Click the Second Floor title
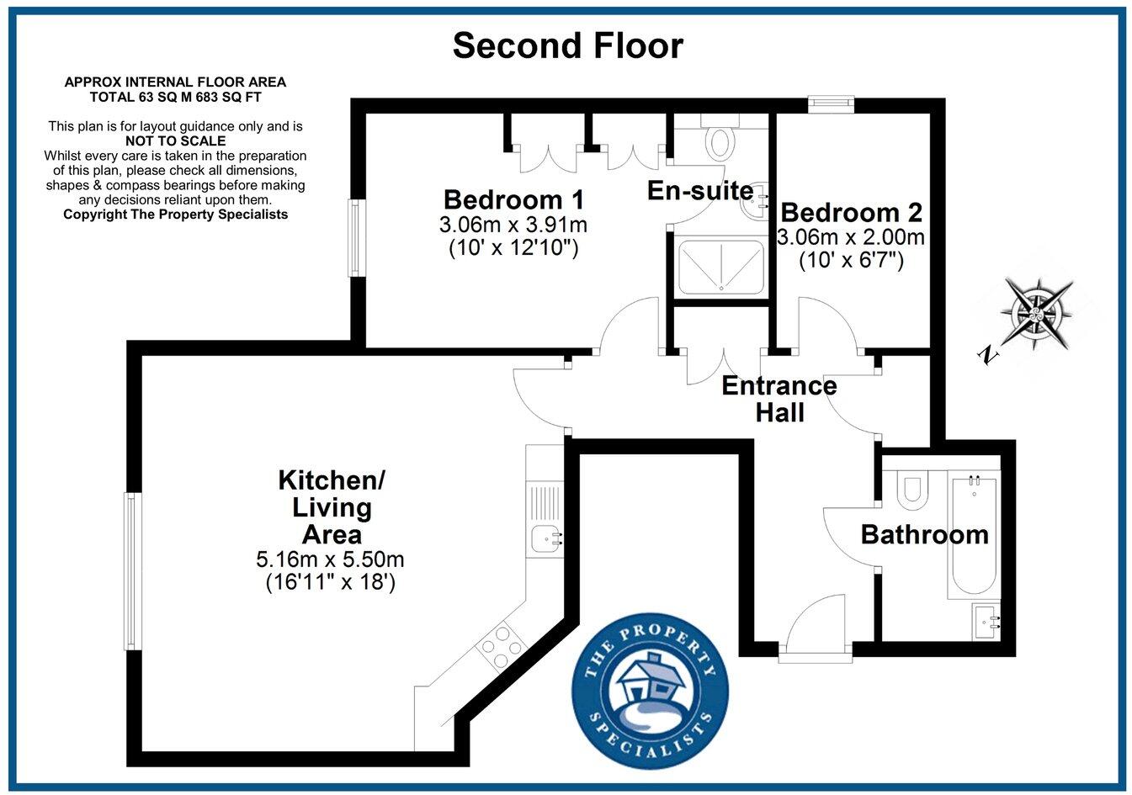click(567, 45)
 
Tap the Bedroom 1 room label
click(513, 200)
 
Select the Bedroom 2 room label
click(851, 212)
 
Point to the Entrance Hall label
click(779, 399)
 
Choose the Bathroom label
click(924, 534)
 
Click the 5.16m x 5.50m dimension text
click(330, 559)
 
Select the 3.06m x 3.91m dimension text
click(513, 225)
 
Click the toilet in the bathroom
click(911, 490)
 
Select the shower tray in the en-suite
click(721, 265)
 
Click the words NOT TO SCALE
click(175, 140)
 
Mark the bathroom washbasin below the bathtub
click(986, 622)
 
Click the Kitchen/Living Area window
click(130, 571)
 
